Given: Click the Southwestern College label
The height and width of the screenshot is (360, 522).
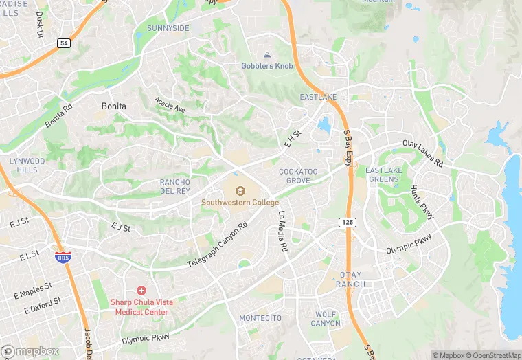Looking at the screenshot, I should coord(240,203).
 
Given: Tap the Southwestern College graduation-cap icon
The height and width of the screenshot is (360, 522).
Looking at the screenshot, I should coord(240,190).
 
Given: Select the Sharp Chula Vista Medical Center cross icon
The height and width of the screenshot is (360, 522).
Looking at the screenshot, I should coord(141,291).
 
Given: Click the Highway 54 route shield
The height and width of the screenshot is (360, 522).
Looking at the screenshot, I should coord(64,43).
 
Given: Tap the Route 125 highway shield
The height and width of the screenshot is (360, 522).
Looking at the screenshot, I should coord(347,222).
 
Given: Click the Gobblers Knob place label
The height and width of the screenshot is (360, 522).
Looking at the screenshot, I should coord(266,66).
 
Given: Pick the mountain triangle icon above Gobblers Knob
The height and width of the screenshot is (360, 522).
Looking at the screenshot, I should coord(266,55).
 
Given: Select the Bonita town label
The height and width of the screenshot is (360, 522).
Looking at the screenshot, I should coord(113,106).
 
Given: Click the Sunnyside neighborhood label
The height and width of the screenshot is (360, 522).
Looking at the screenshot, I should coord(168,28).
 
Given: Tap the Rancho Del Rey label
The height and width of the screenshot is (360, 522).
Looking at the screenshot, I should coord(174,187).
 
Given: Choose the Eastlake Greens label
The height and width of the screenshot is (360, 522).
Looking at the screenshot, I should coord(383,175).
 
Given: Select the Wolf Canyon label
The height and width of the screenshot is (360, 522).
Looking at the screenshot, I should coord(326,319).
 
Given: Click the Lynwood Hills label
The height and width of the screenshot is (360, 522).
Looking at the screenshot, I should coord(27,165).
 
